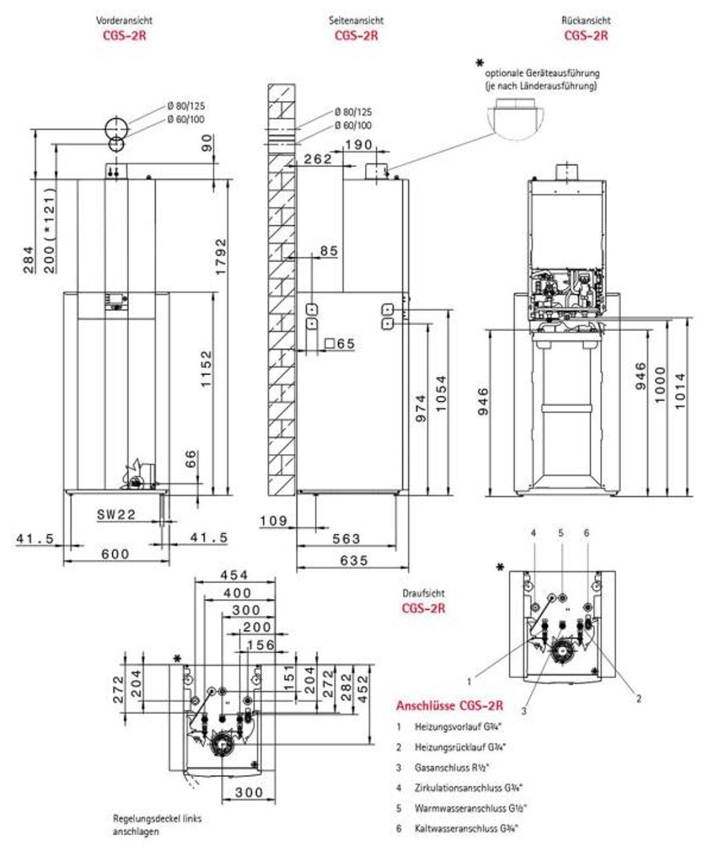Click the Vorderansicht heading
click(124, 20)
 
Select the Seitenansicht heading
click(356, 20)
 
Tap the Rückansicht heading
click(586, 20)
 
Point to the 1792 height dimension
click(221, 257)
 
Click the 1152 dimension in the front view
click(206, 369)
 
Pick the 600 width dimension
click(115, 554)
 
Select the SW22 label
click(116, 515)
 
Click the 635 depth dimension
click(354, 560)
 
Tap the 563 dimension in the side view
click(346, 539)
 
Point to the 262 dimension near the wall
click(318, 159)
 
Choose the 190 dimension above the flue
click(358, 144)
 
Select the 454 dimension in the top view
click(234, 575)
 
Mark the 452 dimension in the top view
click(363, 689)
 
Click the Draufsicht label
click(423, 593)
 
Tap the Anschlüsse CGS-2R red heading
click(449, 706)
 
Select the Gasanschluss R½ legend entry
click(451, 768)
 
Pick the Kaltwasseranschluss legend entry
click(466, 828)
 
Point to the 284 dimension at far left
click(28, 259)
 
